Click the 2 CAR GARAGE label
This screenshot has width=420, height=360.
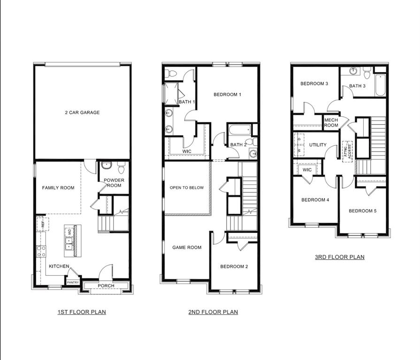pos(82,112)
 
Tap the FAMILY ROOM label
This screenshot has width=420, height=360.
pos(58,188)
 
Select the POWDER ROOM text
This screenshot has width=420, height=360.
pos(113,183)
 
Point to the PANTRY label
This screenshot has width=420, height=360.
pos(73,282)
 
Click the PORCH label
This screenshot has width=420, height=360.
pos(106,286)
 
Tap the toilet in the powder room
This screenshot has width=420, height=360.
pos(122,167)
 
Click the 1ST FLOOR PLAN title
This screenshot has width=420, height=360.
pos(82,312)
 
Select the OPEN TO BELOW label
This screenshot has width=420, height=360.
pos(187,188)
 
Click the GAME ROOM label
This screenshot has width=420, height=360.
pos(187,247)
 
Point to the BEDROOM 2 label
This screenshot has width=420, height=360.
pos(234,267)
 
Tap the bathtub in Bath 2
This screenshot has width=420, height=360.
pos(239,129)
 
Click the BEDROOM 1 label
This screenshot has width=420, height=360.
pos(227,95)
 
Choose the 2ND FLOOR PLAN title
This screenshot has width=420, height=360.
pos(213,312)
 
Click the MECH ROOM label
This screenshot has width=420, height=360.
pos(331,123)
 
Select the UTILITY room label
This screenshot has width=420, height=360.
pos(318,145)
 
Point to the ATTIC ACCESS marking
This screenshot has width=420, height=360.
pos(347,151)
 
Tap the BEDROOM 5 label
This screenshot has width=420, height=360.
pos(362,211)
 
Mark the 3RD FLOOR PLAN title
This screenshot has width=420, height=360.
pos(339,257)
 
